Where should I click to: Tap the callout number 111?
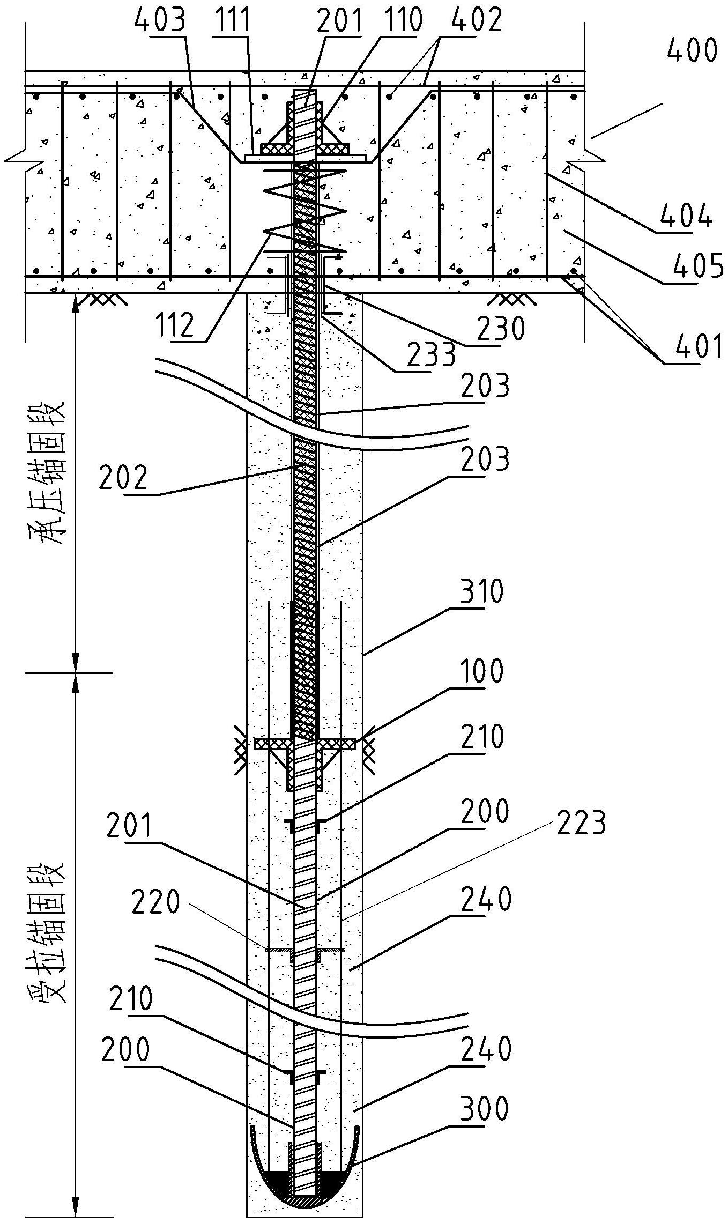(x=232, y=21)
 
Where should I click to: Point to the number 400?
(x=692, y=51)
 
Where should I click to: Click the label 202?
(x=123, y=478)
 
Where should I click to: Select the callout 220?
(x=155, y=903)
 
